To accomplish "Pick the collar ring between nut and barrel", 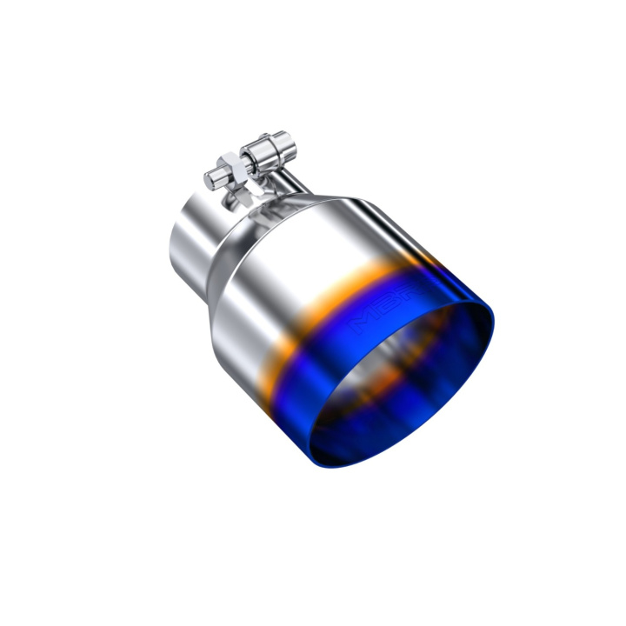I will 251,157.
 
